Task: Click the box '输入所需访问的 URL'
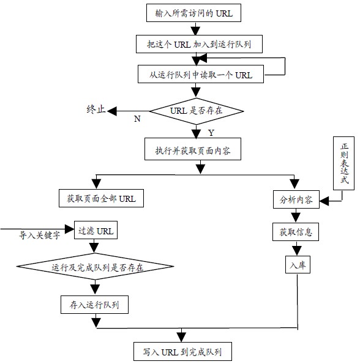tap(193, 13)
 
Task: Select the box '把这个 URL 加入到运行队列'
tap(199, 44)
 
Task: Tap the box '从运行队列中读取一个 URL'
tap(201, 74)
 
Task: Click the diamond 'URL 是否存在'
tap(197, 111)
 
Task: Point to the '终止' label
tap(96, 109)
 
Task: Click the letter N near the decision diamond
tap(137, 119)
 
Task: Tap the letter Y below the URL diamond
tap(211, 133)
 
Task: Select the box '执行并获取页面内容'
tap(193, 149)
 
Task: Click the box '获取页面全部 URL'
tap(101, 198)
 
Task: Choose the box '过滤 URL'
tap(96, 230)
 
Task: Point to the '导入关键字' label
tap(39, 236)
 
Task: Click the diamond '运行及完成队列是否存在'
tap(96, 267)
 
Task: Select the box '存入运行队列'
tap(94, 305)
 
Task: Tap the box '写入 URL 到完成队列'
tap(183, 352)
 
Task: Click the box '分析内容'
tap(296, 199)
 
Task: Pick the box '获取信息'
tap(296, 232)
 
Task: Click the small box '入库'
tap(298, 264)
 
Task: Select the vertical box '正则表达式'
tap(343, 163)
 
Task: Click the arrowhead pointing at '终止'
tap(112, 111)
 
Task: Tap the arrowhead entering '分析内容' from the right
tap(324, 201)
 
